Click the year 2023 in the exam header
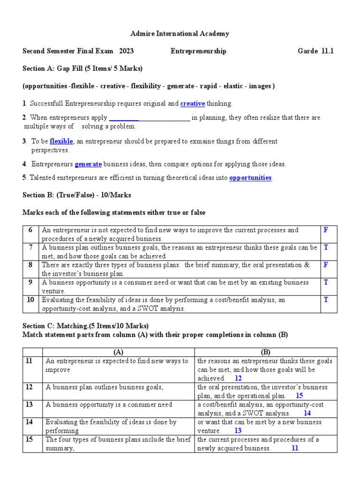click(127, 51)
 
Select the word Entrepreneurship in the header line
click(198, 51)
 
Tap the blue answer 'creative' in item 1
click(193, 104)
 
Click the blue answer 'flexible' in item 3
click(61, 141)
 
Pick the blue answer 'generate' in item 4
click(88, 164)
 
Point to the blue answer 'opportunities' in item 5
click(250, 178)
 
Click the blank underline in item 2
click(149, 118)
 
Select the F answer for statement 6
click(326, 230)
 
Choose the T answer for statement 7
click(326, 247)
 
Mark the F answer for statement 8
click(326, 265)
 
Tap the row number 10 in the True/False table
click(31, 300)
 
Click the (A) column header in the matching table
click(119, 352)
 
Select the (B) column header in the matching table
click(266, 352)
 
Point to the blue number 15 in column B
click(300, 396)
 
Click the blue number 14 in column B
click(307, 413)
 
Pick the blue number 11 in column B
click(295, 448)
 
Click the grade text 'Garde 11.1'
click(316, 51)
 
